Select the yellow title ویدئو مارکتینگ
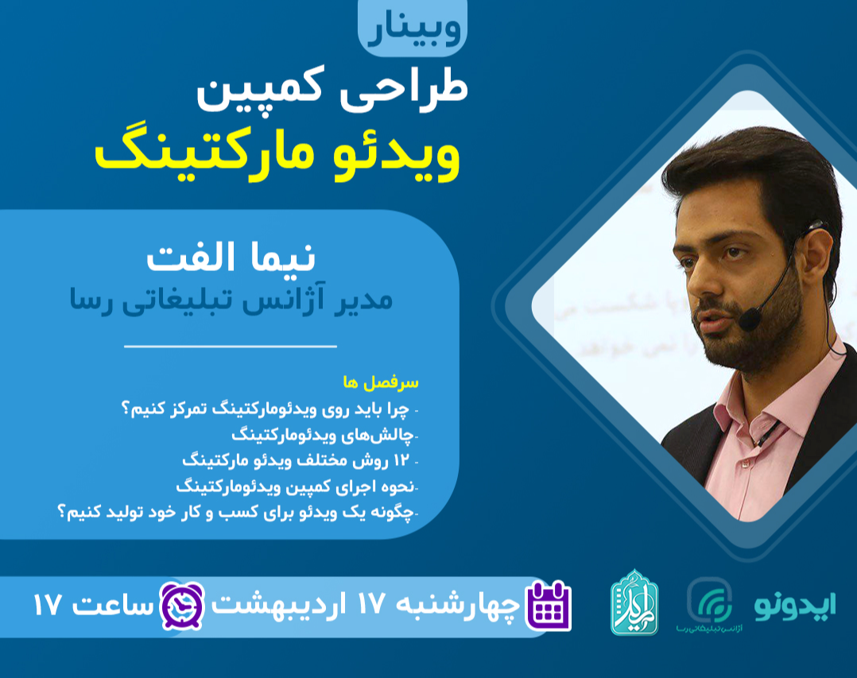pos(277,155)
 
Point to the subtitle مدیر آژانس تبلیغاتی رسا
pos(231,300)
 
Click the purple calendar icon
pos(549,606)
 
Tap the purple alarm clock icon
pos(183,605)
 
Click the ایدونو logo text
pos(794,606)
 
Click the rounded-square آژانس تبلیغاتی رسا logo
pos(709,600)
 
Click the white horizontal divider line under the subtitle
pos(231,347)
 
